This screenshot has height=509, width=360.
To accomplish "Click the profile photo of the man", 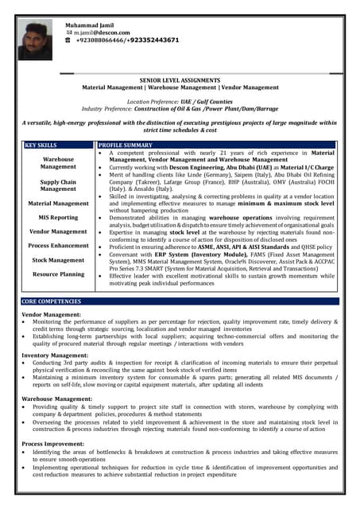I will click(x=37, y=41).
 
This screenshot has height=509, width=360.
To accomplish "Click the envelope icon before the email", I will click(x=68, y=33).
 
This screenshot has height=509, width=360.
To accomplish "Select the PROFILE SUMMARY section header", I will click(x=125, y=146).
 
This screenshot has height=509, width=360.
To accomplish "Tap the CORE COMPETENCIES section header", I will click(x=52, y=301).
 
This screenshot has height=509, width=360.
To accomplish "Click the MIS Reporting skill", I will click(x=58, y=217).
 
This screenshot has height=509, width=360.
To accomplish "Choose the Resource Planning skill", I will click(x=58, y=274).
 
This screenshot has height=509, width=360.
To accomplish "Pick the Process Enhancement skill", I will click(x=58, y=246).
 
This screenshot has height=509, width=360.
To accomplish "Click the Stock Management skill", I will click(x=58, y=260).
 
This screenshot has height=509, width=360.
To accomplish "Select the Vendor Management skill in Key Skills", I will click(x=58, y=231).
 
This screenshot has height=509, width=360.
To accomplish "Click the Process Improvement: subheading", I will click(x=53, y=443).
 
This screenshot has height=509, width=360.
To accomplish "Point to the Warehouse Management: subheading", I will click(x=57, y=399).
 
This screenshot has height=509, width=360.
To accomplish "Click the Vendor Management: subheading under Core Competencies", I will click(x=52, y=314).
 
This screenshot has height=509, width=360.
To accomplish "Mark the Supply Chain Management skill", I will click(x=58, y=185).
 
